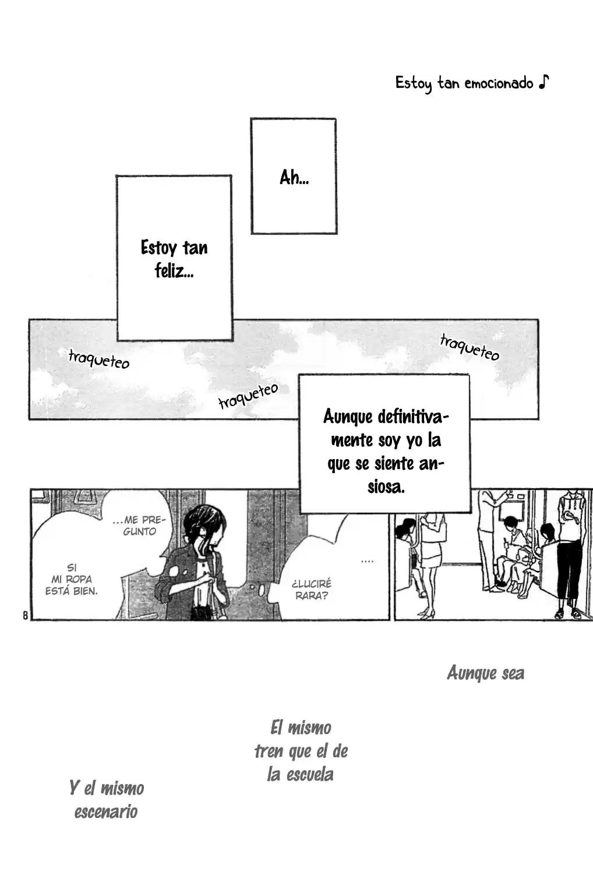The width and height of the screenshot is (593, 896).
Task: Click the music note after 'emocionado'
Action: point(544,82)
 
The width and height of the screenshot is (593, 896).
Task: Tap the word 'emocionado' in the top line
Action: point(499,84)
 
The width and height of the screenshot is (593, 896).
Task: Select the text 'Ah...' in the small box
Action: point(294,177)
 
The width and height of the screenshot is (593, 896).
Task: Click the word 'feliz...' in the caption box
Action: point(174,270)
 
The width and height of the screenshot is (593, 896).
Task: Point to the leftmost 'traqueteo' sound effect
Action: point(99,359)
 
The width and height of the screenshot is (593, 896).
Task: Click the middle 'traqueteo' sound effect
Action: point(248,396)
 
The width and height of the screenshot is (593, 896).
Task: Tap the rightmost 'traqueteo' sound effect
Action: point(470,348)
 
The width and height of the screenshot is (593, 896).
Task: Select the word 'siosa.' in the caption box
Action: point(386,487)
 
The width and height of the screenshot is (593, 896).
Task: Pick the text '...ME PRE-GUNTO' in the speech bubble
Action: point(139,525)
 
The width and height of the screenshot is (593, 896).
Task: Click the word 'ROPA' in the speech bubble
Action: point(79,579)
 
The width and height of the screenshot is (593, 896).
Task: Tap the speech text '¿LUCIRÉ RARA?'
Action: point(312,590)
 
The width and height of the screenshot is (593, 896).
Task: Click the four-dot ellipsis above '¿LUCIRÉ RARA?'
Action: point(367,562)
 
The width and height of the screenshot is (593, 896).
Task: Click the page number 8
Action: point(26,615)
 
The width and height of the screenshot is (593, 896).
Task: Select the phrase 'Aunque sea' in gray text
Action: point(485,673)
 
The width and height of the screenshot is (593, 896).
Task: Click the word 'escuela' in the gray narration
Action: point(310,775)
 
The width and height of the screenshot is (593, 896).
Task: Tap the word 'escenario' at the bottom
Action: point(106,812)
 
